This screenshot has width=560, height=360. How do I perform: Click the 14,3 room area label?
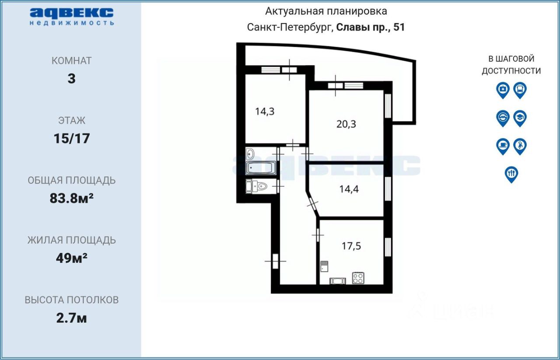pyautogui.click(x=265, y=112)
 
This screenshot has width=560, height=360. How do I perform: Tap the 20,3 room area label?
pyautogui.click(x=346, y=124)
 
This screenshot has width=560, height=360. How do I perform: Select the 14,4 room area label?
pyautogui.click(x=349, y=189)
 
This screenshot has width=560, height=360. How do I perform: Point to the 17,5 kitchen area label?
pyautogui.click(x=351, y=246)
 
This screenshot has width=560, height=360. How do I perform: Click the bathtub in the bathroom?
pyautogui.click(x=261, y=168)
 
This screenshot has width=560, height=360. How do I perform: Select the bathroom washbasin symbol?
pyautogui.click(x=250, y=154)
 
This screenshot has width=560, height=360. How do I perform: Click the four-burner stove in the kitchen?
pyautogui.click(x=358, y=278)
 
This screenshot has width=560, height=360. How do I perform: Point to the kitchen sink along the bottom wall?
pyautogui.click(x=338, y=281)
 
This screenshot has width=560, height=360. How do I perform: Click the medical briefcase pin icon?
pyautogui.click(x=503, y=91)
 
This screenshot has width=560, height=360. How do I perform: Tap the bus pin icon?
pyautogui.click(x=520, y=91)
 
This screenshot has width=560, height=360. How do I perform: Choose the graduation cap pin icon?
pyautogui.click(x=520, y=119)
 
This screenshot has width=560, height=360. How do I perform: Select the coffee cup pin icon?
pyautogui.click(x=503, y=147)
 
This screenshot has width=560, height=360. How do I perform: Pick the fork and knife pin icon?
pyautogui.click(x=511, y=175)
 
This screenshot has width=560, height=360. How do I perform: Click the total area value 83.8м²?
pyautogui.click(x=71, y=199)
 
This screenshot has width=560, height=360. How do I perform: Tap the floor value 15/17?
pyautogui.click(x=72, y=139)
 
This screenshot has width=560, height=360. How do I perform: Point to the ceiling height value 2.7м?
pyautogui.click(x=71, y=318)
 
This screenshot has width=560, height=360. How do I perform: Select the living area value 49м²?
pyautogui.click(x=71, y=258)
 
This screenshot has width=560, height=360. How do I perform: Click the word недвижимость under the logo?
pyautogui.click(x=72, y=23)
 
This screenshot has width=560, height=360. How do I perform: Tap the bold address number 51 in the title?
pyautogui.click(x=399, y=27)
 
